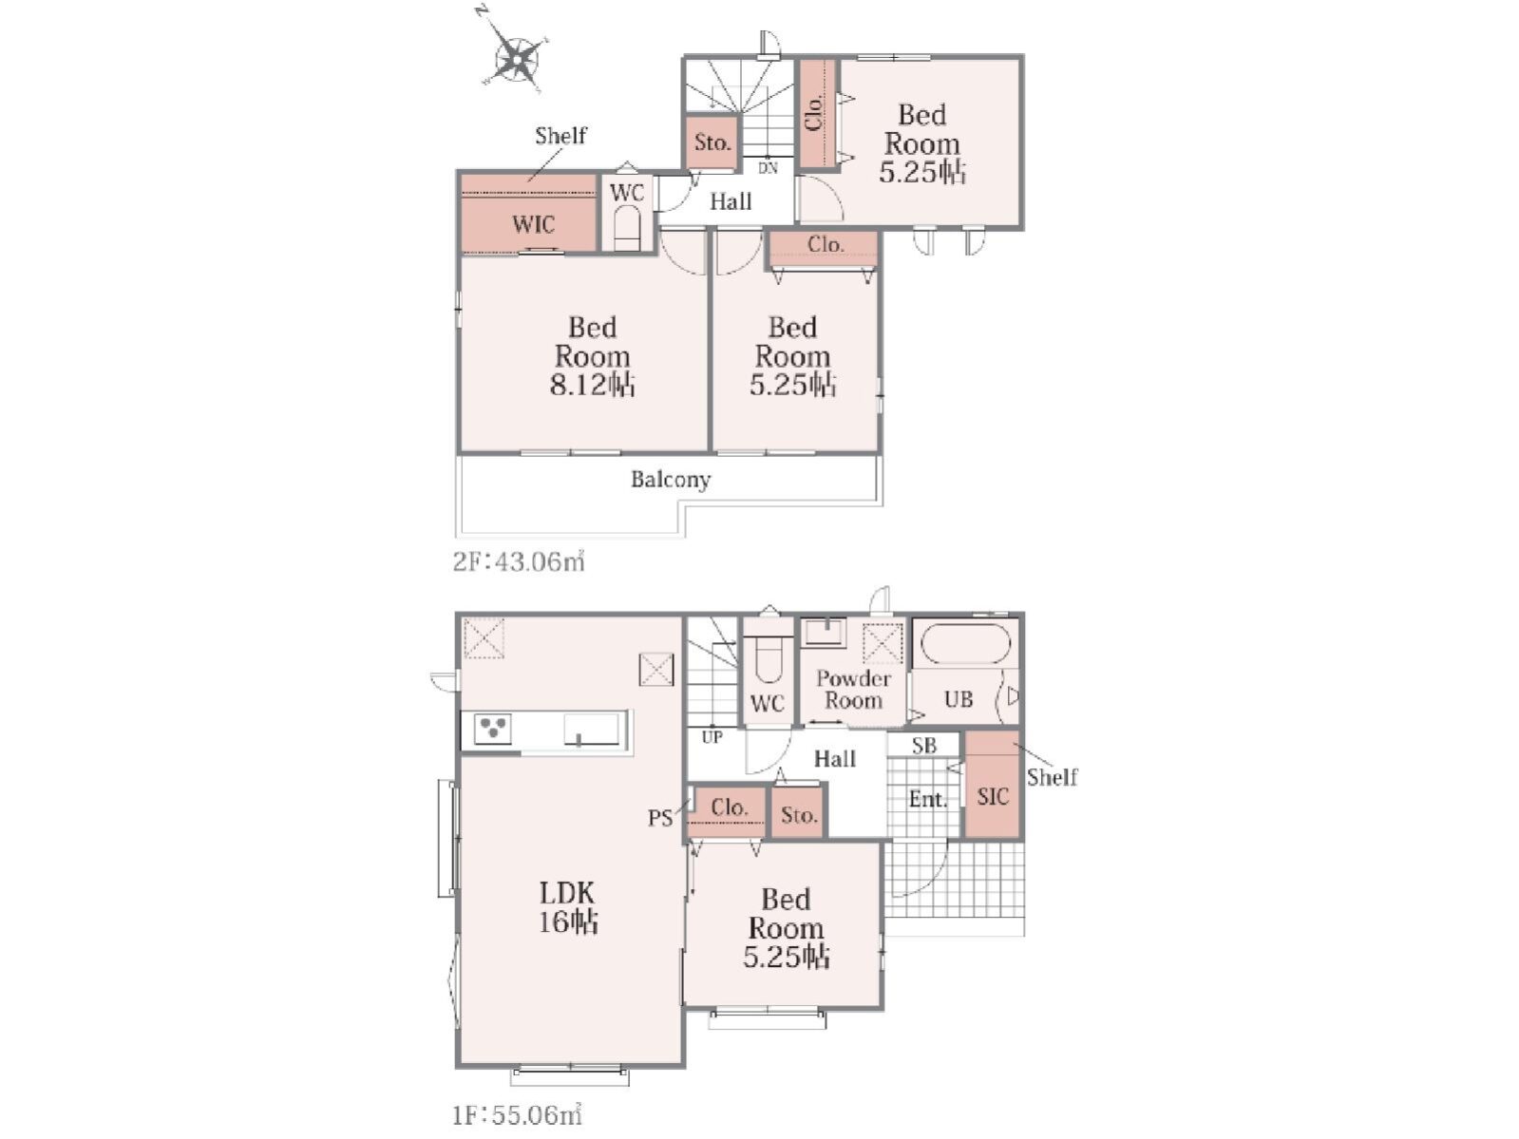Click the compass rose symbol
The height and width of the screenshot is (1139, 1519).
516,58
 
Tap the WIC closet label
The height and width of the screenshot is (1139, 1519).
533,224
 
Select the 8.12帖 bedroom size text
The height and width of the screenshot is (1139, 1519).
593,385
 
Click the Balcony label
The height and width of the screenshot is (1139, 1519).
670,480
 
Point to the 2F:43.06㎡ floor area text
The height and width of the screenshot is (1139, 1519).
519,561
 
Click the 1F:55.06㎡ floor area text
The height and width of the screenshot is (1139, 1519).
517,1115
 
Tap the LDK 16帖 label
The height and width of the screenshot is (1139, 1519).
568,908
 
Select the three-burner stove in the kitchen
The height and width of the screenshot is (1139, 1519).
493,729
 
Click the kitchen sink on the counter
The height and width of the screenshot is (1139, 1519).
592,730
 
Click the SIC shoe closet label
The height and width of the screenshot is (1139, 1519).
993,796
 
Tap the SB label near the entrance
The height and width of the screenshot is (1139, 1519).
924,746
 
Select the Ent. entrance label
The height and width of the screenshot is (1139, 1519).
927,800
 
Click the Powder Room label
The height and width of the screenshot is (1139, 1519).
853,690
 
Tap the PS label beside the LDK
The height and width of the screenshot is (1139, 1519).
660,819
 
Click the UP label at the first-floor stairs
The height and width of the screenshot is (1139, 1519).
712,738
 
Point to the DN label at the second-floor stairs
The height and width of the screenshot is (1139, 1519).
768,168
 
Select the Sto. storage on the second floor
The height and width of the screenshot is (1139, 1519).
712,143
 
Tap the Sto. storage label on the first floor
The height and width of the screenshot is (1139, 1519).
799,815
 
